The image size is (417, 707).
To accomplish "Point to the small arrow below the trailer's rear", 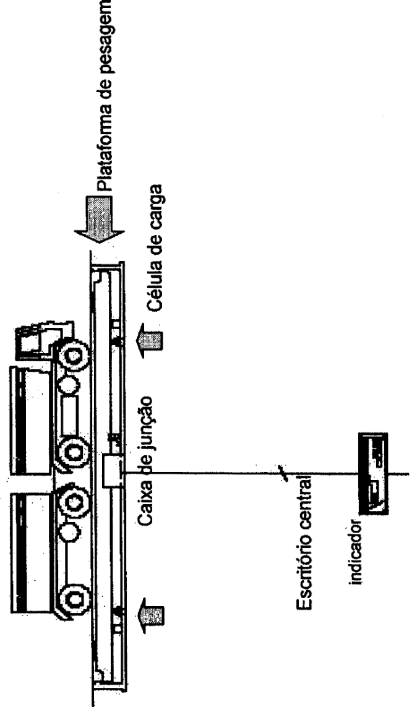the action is click(x=150, y=615).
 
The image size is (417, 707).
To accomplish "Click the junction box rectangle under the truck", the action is click(x=112, y=471).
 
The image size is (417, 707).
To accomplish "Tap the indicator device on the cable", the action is click(x=373, y=473).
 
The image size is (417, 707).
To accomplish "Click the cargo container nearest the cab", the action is click(x=30, y=420).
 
